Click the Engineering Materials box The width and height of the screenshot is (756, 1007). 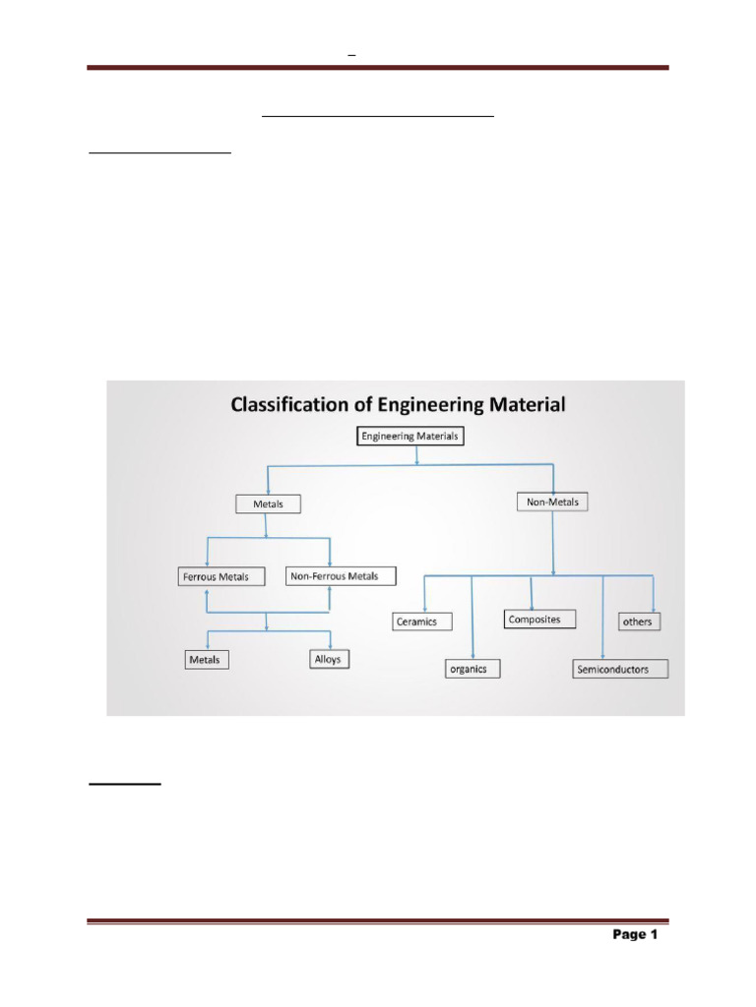coord(409,436)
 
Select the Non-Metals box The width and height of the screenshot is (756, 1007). coord(552,502)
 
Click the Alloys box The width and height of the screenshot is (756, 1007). coord(328,659)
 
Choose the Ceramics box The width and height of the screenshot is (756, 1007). coord(422,622)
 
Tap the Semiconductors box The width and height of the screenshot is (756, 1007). coord(620,670)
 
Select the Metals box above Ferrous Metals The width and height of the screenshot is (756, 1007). coord(268,503)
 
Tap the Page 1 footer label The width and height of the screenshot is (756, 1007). coord(634,934)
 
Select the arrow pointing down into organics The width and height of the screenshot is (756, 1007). coord(473,654)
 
